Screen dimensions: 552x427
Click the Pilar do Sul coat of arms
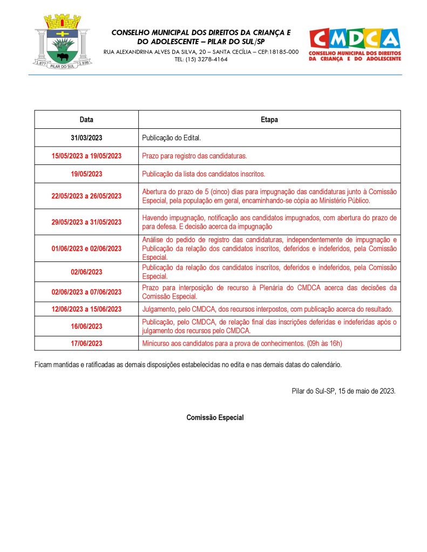[62, 42]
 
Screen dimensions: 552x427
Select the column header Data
[86, 120]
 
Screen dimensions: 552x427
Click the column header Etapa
[269, 120]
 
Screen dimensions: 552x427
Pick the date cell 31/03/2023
[86, 138]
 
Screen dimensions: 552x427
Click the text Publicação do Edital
[172, 138]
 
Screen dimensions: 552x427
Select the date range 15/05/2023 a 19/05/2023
[86, 156]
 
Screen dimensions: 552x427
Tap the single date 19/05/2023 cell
[86, 174]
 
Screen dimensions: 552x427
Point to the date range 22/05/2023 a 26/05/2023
[86, 196]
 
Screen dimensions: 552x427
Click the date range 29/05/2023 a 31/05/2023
[86, 222]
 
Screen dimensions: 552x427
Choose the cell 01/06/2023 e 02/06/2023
[86, 249]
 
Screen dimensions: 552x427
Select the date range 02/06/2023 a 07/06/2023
[86, 292]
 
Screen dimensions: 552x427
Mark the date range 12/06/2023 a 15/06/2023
[86, 309]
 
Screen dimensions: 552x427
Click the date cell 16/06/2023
[86, 326]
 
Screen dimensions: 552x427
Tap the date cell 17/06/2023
[86, 343]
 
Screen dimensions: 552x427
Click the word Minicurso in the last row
[156, 343]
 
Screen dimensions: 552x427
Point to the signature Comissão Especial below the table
[215, 418]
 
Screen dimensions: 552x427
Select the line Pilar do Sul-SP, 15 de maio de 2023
[343, 391]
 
